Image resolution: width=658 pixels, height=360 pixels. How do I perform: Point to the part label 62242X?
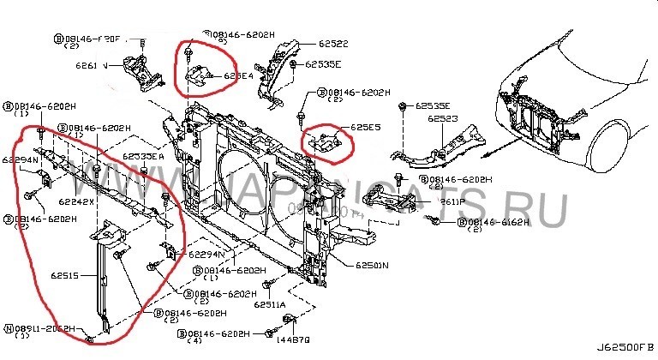(77, 201)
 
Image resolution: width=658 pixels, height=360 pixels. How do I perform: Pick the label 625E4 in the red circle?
(239, 75)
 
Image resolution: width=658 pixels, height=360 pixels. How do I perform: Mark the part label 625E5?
(357, 129)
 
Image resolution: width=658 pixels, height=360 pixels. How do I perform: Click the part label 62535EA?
(142, 157)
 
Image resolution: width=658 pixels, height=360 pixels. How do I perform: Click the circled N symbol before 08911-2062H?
(9, 328)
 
